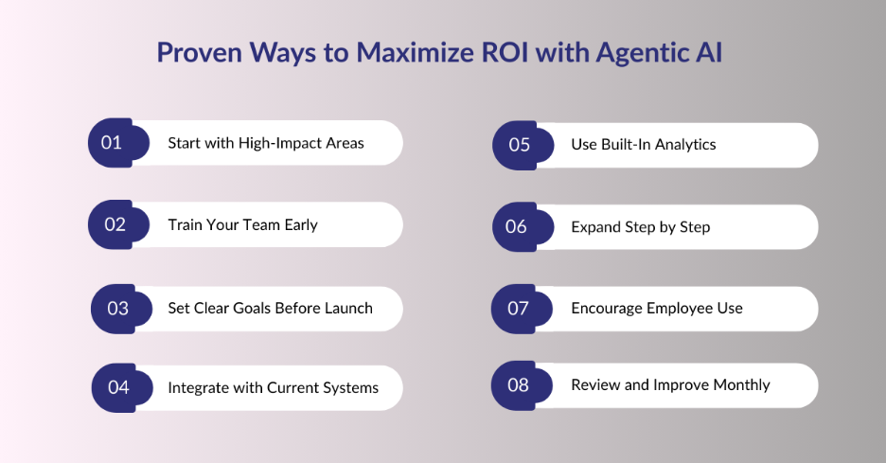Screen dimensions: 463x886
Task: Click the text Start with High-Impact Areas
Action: click(266, 143)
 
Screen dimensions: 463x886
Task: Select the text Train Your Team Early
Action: click(242, 224)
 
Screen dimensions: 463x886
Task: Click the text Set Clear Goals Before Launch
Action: click(270, 308)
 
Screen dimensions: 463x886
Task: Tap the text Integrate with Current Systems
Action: click(273, 387)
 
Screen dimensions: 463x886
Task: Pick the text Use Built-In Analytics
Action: click(643, 145)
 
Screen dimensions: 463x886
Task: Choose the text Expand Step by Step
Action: click(640, 227)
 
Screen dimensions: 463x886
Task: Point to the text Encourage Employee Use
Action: click(656, 309)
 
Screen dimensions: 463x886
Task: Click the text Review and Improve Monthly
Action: click(670, 385)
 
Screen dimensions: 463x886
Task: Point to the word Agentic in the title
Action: click(640, 53)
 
